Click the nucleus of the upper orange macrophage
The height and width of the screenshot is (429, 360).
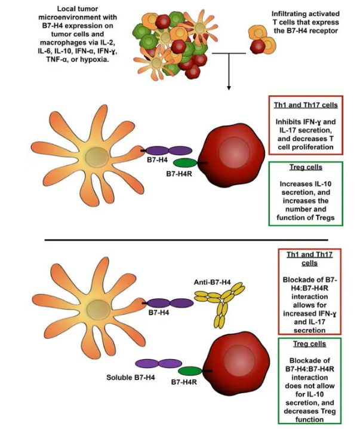[95, 158]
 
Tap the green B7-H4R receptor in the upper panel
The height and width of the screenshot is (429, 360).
[186, 163]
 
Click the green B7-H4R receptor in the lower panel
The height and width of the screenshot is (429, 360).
[190, 370]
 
